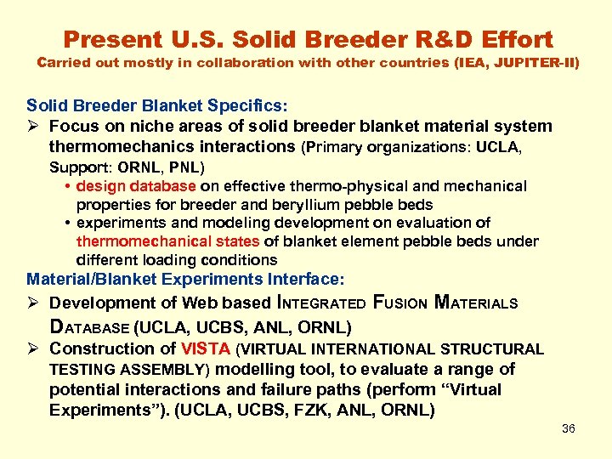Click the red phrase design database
point(136,185)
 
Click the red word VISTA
point(205,348)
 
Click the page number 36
point(569,428)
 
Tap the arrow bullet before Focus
point(33,127)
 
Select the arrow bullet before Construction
point(33,348)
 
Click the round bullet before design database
point(66,186)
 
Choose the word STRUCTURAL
point(495,348)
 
